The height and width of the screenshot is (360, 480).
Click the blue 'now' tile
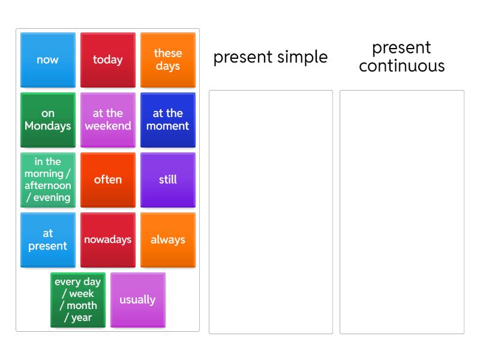pyautogui.click(x=47, y=60)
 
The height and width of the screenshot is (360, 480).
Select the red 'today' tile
pyautogui.click(x=107, y=60)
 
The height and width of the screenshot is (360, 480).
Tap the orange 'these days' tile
pyautogui.click(x=167, y=60)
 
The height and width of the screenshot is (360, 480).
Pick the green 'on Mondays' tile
pyautogui.click(x=47, y=120)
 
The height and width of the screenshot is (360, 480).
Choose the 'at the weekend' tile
pyautogui.click(x=107, y=120)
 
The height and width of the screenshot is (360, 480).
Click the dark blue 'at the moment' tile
pyautogui.click(x=167, y=120)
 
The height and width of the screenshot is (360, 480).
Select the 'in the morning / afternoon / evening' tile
pyautogui.click(x=47, y=180)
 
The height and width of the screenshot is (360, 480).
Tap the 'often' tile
pyautogui.click(x=107, y=180)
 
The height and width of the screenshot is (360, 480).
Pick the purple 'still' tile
pyautogui.click(x=167, y=180)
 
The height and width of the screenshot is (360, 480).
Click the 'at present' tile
pyautogui.click(x=47, y=240)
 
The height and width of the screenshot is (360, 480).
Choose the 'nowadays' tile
pyautogui.click(x=107, y=240)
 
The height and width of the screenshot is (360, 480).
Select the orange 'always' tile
pyautogui.click(x=167, y=240)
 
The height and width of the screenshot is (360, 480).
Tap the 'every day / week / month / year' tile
pyautogui.click(x=77, y=300)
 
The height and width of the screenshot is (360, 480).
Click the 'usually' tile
pyautogui.click(x=137, y=300)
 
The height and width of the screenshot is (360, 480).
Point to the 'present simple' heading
pyautogui.click(x=271, y=57)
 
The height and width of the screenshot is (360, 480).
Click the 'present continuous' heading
pyautogui.click(x=401, y=56)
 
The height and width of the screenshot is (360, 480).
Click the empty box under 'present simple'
pyautogui.click(x=271, y=211)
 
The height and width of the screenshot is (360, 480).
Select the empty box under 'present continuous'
pyautogui.click(x=401, y=211)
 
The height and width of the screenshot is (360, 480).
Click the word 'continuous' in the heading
pyautogui.click(x=401, y=65)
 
